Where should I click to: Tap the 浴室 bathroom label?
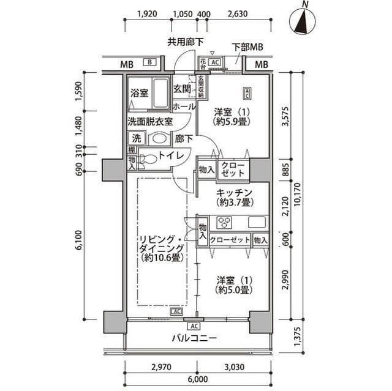139,94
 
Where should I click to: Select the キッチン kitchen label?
232,192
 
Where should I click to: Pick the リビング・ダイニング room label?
159,247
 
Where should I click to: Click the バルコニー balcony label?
194,338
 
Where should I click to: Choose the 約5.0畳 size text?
233,290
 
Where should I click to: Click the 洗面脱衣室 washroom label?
154,121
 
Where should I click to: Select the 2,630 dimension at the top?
237,13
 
